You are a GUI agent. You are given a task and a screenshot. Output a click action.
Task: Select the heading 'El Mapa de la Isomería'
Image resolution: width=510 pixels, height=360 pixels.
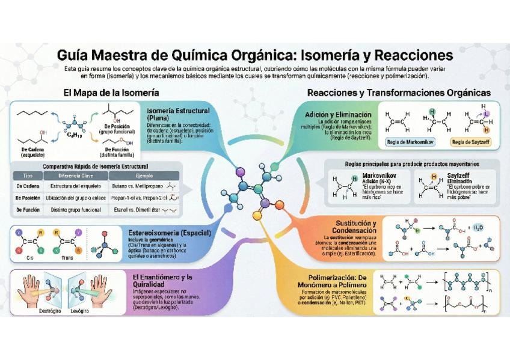[x=111, y=93]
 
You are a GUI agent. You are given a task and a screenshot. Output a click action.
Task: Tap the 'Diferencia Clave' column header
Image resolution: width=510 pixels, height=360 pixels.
[x=75, y=175]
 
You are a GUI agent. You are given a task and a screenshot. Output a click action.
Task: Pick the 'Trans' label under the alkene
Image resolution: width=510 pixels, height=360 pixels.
[x=67, y=255]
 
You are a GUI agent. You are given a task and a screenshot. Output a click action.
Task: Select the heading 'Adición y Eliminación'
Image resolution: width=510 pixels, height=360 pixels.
[x=343, y=114]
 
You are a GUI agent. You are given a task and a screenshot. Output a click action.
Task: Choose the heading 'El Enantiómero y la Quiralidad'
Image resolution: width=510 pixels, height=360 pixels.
[x=162, y=281]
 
